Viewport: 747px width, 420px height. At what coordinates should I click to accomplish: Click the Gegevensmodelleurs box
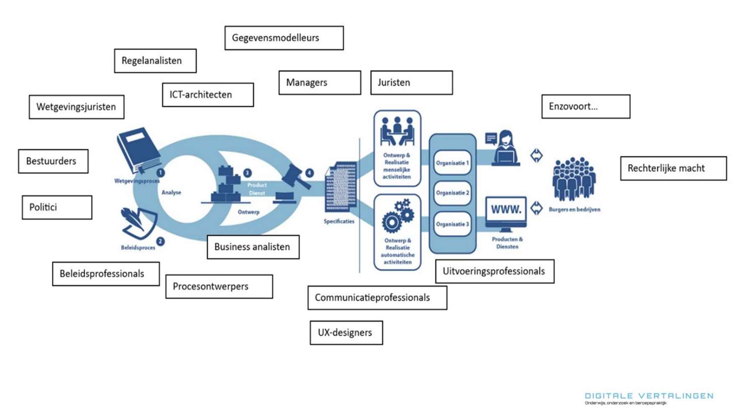284,38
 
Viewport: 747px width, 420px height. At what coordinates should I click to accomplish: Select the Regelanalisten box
155,61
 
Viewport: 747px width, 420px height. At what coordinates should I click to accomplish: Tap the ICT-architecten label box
208,95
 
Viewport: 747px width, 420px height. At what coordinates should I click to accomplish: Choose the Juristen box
412,83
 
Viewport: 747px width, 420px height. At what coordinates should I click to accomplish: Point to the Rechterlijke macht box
673,168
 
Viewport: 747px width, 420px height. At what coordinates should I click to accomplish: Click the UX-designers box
346,333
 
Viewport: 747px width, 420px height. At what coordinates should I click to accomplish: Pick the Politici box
57,207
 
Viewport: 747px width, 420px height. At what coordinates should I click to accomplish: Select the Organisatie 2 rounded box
453,193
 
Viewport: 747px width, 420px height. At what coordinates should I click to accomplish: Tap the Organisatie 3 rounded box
453,224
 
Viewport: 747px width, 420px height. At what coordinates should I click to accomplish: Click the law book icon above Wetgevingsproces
138,150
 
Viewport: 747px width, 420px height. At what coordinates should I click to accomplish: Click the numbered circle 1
160,173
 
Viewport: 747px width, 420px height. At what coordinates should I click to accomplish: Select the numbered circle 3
247,173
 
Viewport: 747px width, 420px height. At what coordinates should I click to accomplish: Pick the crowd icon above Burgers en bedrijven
574,178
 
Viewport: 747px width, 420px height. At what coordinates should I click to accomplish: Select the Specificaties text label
339,221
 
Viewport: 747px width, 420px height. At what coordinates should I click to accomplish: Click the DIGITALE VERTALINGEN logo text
649,396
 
